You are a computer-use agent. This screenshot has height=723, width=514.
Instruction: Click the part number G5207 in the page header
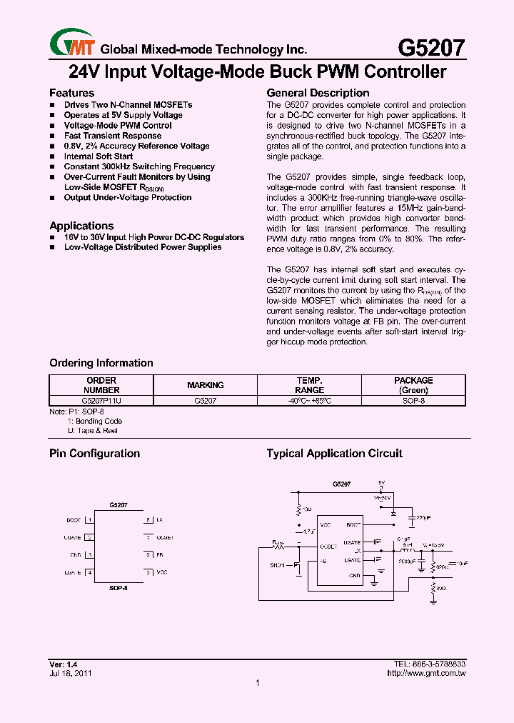[431, 48]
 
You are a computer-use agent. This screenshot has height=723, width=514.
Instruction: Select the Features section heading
[71, 93]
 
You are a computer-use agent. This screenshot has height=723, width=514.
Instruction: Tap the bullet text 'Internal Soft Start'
[98, 156]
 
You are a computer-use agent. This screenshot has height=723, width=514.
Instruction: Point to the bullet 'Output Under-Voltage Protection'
[127, 198]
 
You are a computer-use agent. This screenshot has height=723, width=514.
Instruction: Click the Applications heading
[81, 226]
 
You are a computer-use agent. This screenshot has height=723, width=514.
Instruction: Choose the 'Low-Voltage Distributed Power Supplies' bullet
[142, 247]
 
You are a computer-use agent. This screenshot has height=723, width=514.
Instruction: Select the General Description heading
[318, 93]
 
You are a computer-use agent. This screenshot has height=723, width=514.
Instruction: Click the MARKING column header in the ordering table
[206, 385]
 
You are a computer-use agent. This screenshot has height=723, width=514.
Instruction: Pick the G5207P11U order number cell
[101, 402]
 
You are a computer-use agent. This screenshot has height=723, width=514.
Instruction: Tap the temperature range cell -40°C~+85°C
[309, 402]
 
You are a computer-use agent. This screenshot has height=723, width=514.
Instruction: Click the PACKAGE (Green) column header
[413, 385]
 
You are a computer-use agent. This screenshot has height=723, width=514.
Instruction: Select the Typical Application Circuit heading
[334, 454]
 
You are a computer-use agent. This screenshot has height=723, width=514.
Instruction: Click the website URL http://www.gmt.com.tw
[426, 673]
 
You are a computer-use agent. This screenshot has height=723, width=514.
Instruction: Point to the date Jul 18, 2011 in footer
[70, 673]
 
